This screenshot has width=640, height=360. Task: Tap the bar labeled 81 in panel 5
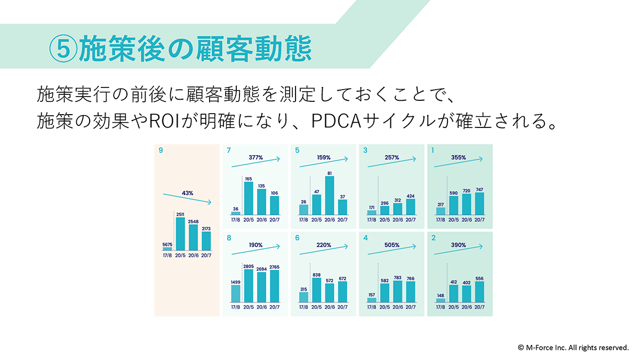tap(330, 195)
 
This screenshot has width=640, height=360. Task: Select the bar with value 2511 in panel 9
tap(180, 234)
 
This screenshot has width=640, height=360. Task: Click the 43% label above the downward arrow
tap(187, 193)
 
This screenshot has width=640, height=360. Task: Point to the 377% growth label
tap(255, 157)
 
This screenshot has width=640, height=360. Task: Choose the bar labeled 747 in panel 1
tap(479, 203)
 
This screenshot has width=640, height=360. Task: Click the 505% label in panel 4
tap(391, 245)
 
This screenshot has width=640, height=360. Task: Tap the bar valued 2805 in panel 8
tap(249, 285)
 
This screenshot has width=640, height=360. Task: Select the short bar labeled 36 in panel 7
tap(236, 213)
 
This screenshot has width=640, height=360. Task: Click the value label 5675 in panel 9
tap(167, 245)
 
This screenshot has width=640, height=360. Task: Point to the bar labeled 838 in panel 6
tap(317, 290)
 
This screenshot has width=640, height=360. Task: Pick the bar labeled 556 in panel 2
tap(479, 292)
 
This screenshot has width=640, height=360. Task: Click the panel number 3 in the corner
tap(365, 150)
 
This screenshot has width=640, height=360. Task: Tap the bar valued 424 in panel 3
tap(411, 207)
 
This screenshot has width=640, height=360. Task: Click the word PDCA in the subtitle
tap(337, 121)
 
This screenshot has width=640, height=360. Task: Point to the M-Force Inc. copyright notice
tap(573, 347)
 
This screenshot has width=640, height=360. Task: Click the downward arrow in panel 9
tap(187, 198)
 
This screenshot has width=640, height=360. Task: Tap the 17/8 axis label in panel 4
tap(371, 307)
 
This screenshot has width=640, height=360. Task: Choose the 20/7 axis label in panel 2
tap(479, 307)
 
